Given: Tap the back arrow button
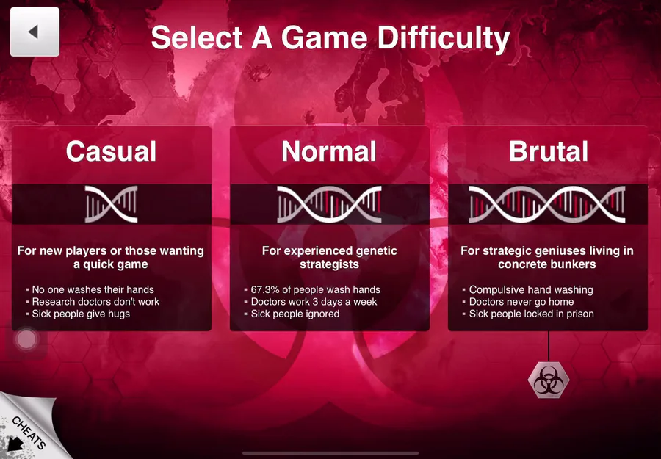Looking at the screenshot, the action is [35, 32].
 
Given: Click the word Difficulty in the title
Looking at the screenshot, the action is [444, 39].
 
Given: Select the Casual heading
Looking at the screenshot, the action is [112, 151].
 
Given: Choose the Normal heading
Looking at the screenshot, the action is [329, 151].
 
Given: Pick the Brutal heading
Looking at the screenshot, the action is [548, 151].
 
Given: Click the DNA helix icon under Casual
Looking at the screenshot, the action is [112, 204].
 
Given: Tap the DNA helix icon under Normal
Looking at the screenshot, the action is [329, 204].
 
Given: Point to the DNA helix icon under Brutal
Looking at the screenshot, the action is [547, 204].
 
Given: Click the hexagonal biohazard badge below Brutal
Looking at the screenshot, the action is [549, 380].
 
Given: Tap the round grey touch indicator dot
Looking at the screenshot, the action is [26, 339].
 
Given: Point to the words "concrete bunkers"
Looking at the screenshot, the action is [546, 264].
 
